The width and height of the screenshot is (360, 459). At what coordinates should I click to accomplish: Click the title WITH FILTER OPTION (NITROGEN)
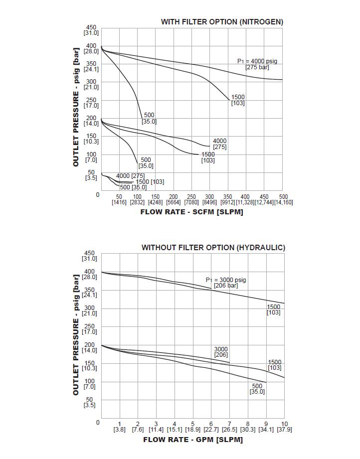pyautogui.click(x=222, y=22)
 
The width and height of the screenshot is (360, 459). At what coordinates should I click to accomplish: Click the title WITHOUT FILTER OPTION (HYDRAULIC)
pyautogui.click(x=213, y=247)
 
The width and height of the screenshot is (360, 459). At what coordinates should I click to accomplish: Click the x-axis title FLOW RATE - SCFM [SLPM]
pyautogui.click(x=192, y=212)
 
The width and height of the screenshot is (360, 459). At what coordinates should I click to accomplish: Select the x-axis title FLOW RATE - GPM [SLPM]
pyautogui.click(x=192, y=440)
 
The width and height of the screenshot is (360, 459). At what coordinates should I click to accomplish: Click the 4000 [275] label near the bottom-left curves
pyautogui.click(x=130, y=176)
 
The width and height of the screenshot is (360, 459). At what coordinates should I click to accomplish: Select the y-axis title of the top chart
pyautogui.click(x=76, y=107)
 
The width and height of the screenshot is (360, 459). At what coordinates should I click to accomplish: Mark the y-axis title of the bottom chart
pyautogui.click(x=76, y=334)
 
